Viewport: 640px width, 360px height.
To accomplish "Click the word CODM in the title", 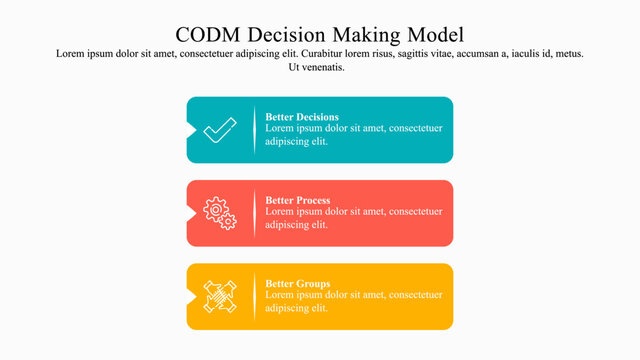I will pyautogui.click(x=207, y=34).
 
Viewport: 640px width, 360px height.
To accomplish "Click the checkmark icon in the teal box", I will pyautogui.click(x=220, y=130).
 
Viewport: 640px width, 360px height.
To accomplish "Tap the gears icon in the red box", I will pyautogui.click(x=220, y=213).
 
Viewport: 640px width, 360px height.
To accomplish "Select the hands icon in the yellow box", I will pyautogui.click(x=220, y=296).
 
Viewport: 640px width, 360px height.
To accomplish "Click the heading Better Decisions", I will pyautogui.click(x=302, y=117).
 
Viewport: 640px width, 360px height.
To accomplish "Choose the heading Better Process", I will pyautogui.click(x=298, y=200).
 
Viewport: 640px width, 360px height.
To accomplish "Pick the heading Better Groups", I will pyautogui.click(x=297, y=283).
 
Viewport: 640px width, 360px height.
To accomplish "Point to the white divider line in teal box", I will pyautogui.click(x=254, y=130).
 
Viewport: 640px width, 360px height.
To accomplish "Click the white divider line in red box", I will pyautogui.click(x=254, y=213).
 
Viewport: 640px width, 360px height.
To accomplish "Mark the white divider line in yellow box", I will pyautogui.click(x=254, y=296).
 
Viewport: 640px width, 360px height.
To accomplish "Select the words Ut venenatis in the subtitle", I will pyautogui.click(x=316, y=67).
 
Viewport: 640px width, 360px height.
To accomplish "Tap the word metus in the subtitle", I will pyautogui.click(x=565, y=53).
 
